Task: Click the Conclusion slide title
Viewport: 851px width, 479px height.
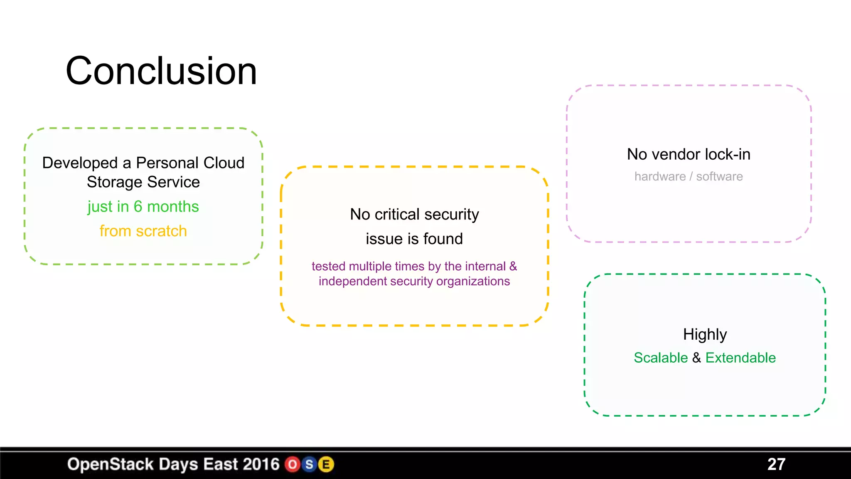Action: [161, 71]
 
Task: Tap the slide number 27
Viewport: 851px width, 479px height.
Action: [776, 464]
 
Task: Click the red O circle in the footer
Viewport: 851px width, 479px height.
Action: [293, 464]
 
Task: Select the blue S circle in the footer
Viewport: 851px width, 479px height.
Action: [309, 464]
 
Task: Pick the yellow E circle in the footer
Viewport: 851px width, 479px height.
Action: [326, 464]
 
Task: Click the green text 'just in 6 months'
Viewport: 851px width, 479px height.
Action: [143, 207]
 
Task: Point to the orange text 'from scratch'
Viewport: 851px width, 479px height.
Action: [143, 231]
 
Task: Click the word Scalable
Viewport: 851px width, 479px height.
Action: [661, 358]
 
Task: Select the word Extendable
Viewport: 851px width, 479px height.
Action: [740, 358]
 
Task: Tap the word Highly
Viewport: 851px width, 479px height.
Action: [705, 334]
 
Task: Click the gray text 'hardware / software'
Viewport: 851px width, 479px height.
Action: [689, 176]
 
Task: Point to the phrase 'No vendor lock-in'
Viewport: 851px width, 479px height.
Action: [689, 154]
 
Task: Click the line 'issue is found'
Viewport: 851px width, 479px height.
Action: [414, 239]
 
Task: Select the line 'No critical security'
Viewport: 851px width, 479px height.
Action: [414, 214]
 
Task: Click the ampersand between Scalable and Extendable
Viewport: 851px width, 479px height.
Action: [697, 358]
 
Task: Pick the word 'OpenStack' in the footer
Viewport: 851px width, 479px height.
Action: [111, 464]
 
